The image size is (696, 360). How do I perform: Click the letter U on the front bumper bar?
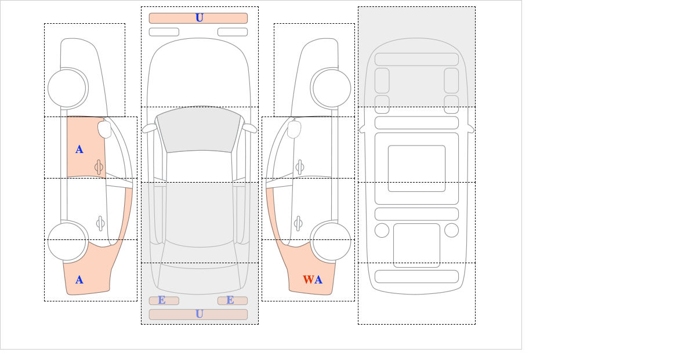pyautogui.click(x=200, y=18)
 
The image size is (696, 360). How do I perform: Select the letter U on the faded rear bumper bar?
pyautogui.click(x=200, y=314)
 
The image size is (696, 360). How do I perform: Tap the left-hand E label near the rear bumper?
pyautogui.click(x=162, y=300)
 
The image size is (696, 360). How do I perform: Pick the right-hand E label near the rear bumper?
pyautogui.click(x=230, y=300)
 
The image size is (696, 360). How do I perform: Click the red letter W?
pyautogui.click(x=308, y=279)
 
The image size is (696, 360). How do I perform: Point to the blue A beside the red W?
pyautogui.click(x=318, y=279)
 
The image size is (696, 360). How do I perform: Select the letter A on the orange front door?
pyautogui.click(x=79, y=150)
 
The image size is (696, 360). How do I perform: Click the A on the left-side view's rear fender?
pyautogui.click(x=79, y=280)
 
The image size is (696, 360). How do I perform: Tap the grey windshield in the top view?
pyautogui.click(x=199, y=129)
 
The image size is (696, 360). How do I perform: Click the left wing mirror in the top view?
pyautogui.click(x=149, y=128)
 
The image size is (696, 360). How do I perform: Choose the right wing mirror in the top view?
pyautogui.click(x=249, y=128)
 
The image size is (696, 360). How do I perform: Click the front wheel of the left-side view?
pyautogui.click(x=67, y=88)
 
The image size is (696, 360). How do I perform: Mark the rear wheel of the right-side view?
pyautogui.click(x=332, y=241)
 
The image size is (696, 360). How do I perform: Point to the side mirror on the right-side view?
pyautogui.click(x=294, y=129)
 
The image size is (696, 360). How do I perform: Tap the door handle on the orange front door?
pyautogui.click(x=99, y=167)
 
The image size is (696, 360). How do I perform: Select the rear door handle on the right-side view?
pyautogui.click(x=298, y=223)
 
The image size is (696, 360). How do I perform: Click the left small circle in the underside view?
pyautogui.click(x=382, y=231)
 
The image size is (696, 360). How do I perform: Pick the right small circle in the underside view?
pyautogui.click(x=451, y=231)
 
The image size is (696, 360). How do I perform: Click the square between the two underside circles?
pyautogui.click(x=416, y=245)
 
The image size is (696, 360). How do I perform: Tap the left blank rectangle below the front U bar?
pyautogui.click(x=164, y=32)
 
